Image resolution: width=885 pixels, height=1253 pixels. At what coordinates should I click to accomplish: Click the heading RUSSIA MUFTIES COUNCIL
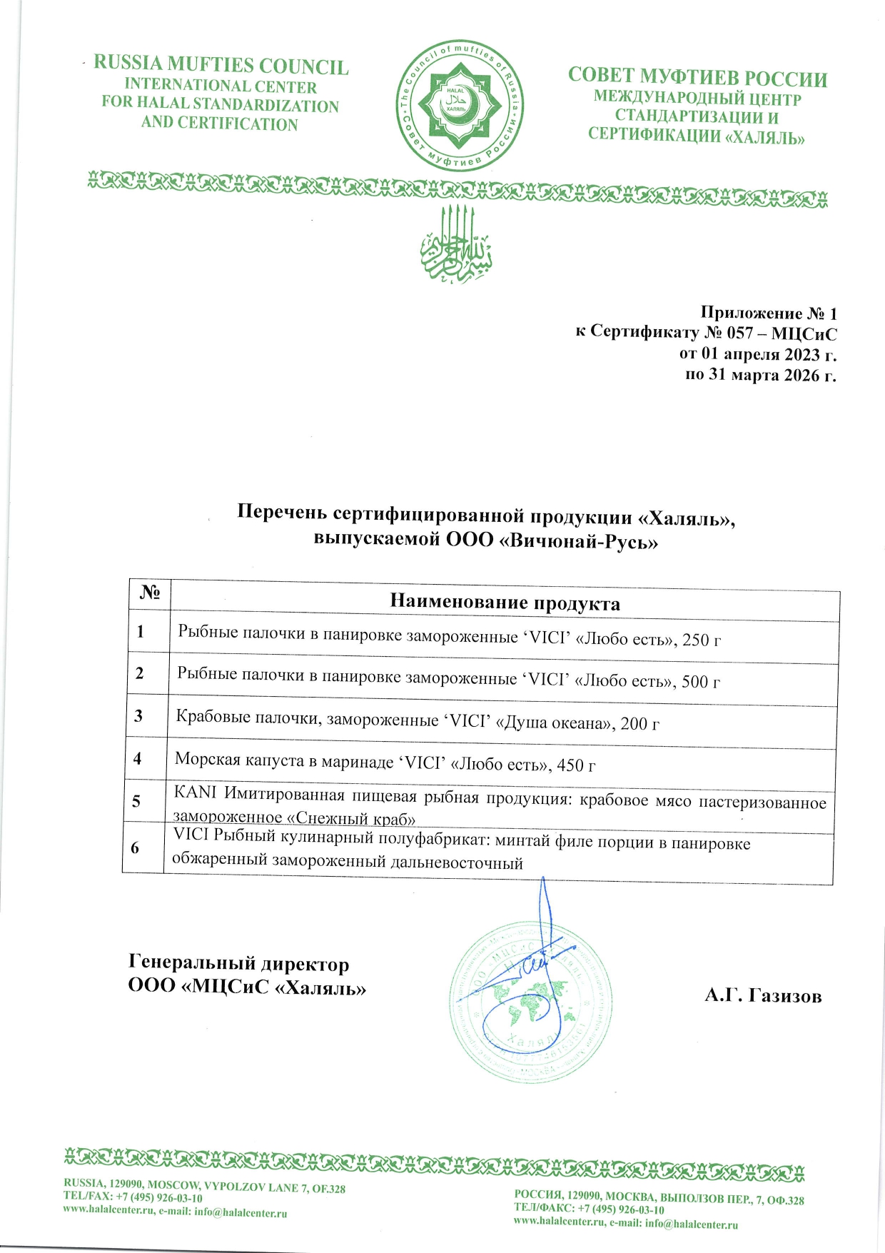point(221,65)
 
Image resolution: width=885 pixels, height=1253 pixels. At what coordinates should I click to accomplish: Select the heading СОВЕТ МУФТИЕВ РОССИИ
point(697,77)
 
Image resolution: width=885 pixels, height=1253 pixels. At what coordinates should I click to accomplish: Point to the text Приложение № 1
point(768,313)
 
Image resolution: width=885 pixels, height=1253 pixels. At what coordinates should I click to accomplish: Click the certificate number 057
point(739,333)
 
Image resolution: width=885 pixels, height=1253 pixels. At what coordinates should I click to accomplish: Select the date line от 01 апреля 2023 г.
point(757,353)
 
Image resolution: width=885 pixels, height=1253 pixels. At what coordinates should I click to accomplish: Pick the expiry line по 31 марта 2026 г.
point(760,374)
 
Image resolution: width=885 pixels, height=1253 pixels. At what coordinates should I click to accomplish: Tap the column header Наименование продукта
point(505,603)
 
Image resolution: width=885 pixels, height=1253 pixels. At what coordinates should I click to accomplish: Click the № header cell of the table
point(149,593)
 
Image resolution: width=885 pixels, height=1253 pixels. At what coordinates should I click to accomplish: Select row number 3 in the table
point(138,715)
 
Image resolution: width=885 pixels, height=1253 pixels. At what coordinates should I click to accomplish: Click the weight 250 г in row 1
point(701,640)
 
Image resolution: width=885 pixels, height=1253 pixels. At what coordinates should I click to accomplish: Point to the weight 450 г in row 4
point(576,765)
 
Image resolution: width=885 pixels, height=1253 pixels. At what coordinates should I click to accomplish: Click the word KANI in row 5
point(195,792)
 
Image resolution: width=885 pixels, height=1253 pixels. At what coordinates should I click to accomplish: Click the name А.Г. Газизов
point(762,996)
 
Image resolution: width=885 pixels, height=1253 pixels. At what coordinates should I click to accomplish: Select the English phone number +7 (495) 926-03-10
point(158,1198)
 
